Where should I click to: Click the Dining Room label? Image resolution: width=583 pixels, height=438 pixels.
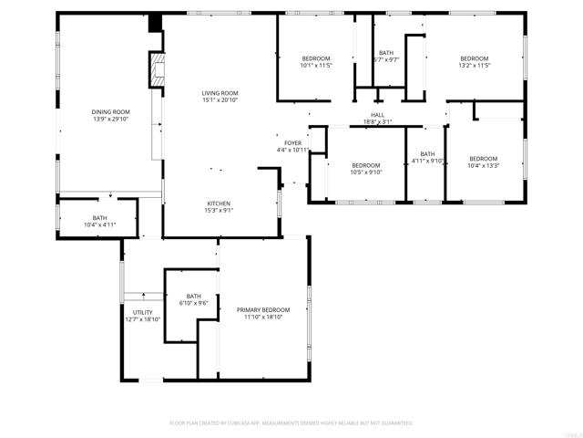tap(109, 112)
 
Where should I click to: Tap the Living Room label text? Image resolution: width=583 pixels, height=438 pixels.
tap(220, 92)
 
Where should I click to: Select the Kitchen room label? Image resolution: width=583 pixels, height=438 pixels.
tap(219, 203)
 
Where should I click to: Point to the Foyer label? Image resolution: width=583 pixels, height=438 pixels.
tap(292, 143)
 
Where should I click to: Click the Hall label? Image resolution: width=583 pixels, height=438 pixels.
tap(377, 115)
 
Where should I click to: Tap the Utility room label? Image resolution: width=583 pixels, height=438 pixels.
tap(142, 312)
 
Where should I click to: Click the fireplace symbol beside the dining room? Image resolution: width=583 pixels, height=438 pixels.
tap(158, 70)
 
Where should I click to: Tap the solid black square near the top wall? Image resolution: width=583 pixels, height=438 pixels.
tap(154, 22)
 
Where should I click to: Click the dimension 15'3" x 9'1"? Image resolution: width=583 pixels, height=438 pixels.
tap(219, 210)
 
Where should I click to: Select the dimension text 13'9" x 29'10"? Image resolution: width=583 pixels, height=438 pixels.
tap(109, 119)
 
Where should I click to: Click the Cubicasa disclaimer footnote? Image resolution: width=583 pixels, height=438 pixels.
tap(291, 423)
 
